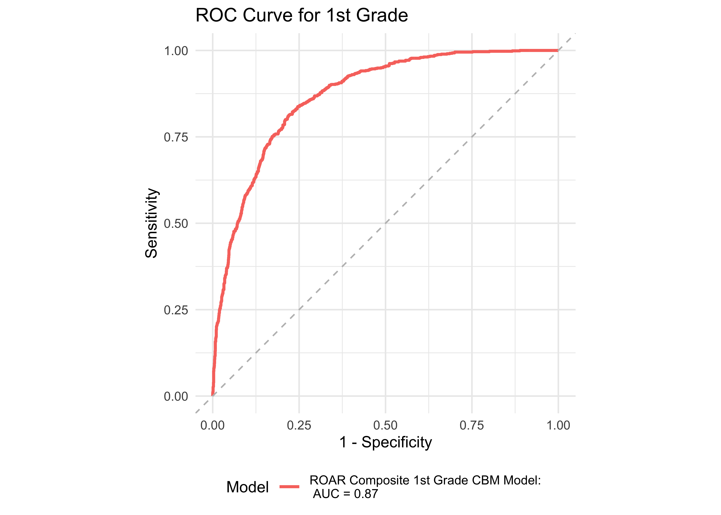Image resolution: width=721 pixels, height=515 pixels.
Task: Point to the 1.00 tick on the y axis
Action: pyautogui.click(x=176, y=51)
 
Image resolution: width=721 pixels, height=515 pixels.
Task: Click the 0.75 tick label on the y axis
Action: pyautogui.click(x=176, y=137)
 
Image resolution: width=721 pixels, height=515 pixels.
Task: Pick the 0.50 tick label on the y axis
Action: pyautogui.click(x=176, y=224)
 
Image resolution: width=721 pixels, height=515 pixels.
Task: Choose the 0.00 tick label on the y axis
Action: pyautogui.click(x=176, y=396)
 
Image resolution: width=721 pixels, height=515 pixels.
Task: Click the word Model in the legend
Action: pyautogui.click(x=247, y=487)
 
